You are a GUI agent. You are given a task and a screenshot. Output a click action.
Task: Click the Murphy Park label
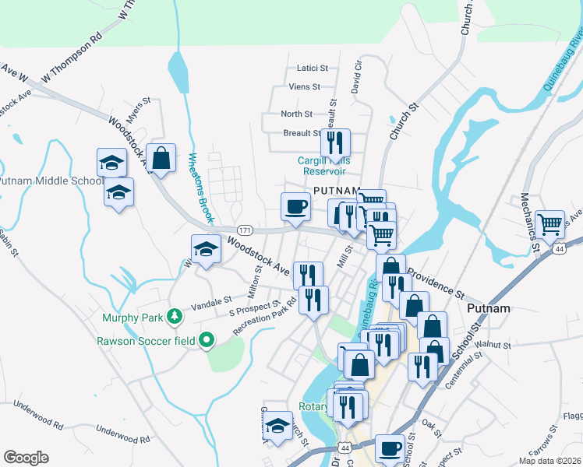[131, 317]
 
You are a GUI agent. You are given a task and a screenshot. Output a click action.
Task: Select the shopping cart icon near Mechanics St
[550, 224]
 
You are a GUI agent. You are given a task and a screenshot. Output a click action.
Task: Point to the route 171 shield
[245, 230]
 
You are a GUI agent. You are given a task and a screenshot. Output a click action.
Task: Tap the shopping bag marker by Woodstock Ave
[161, 159]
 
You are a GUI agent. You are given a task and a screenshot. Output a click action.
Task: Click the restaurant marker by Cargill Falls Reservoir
[335, 143]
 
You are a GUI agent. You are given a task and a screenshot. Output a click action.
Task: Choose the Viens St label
[305, 86]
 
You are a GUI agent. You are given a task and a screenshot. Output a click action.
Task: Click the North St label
[296, 114]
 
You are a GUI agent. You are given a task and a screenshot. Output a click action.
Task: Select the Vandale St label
[212, 299]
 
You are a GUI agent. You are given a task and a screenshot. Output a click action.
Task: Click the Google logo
[26, 458]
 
